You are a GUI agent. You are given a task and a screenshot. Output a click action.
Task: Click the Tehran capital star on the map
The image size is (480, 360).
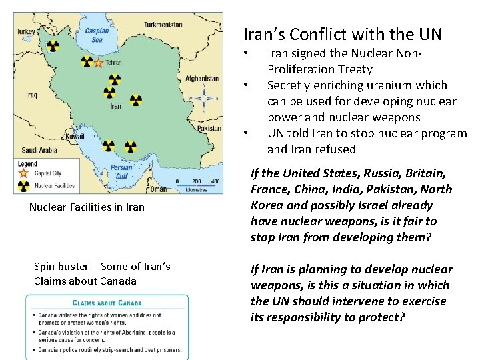click(x=99, y=63)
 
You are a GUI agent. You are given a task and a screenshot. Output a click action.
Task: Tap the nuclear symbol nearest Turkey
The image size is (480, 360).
click(x=53, y=47)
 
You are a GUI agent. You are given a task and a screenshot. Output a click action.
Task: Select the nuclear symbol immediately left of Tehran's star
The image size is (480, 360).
click(x=87, y=62)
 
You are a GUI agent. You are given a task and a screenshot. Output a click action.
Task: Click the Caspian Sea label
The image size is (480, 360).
click(x=97, y=35)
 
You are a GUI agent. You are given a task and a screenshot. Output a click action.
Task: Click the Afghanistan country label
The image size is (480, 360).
click(x=201, y=78)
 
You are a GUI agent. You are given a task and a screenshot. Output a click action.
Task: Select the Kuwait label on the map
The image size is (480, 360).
click(x=75, y=136)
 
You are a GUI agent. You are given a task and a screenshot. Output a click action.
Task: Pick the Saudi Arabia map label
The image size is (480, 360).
click(x=40, y=150)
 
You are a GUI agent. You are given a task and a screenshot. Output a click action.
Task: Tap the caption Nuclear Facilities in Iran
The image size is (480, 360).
click(x=87, y=207)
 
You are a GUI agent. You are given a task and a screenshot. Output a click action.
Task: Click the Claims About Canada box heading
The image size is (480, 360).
click(x=107, y=302)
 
